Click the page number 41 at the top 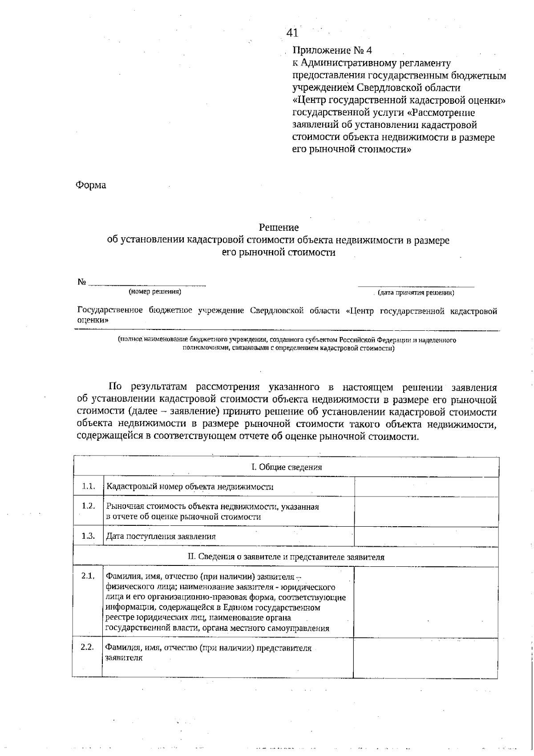[x=292, y=33]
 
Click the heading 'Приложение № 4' [x=332, y=50]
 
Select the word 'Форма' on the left [x=91, y=185]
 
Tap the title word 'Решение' [x=279, y=228]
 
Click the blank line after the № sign [x=147, y=283]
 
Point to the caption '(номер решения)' [x=155, y=292]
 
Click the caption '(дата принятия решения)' [x=416, y=293]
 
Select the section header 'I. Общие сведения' [x=286, y=467]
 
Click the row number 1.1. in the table [x=88, y=486]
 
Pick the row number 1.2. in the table [x=88, y=506]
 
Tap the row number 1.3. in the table [x=88, y=536]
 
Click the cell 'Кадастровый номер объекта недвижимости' [x=190, y=487]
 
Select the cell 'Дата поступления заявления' [x=161, y=537]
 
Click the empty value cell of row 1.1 [x=426, y=487]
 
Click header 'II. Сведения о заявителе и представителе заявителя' [x=286, y=557]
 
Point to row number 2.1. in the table [x=88, y=576]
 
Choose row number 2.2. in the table [x=87, y=647]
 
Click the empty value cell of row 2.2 [x=425, y=658]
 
